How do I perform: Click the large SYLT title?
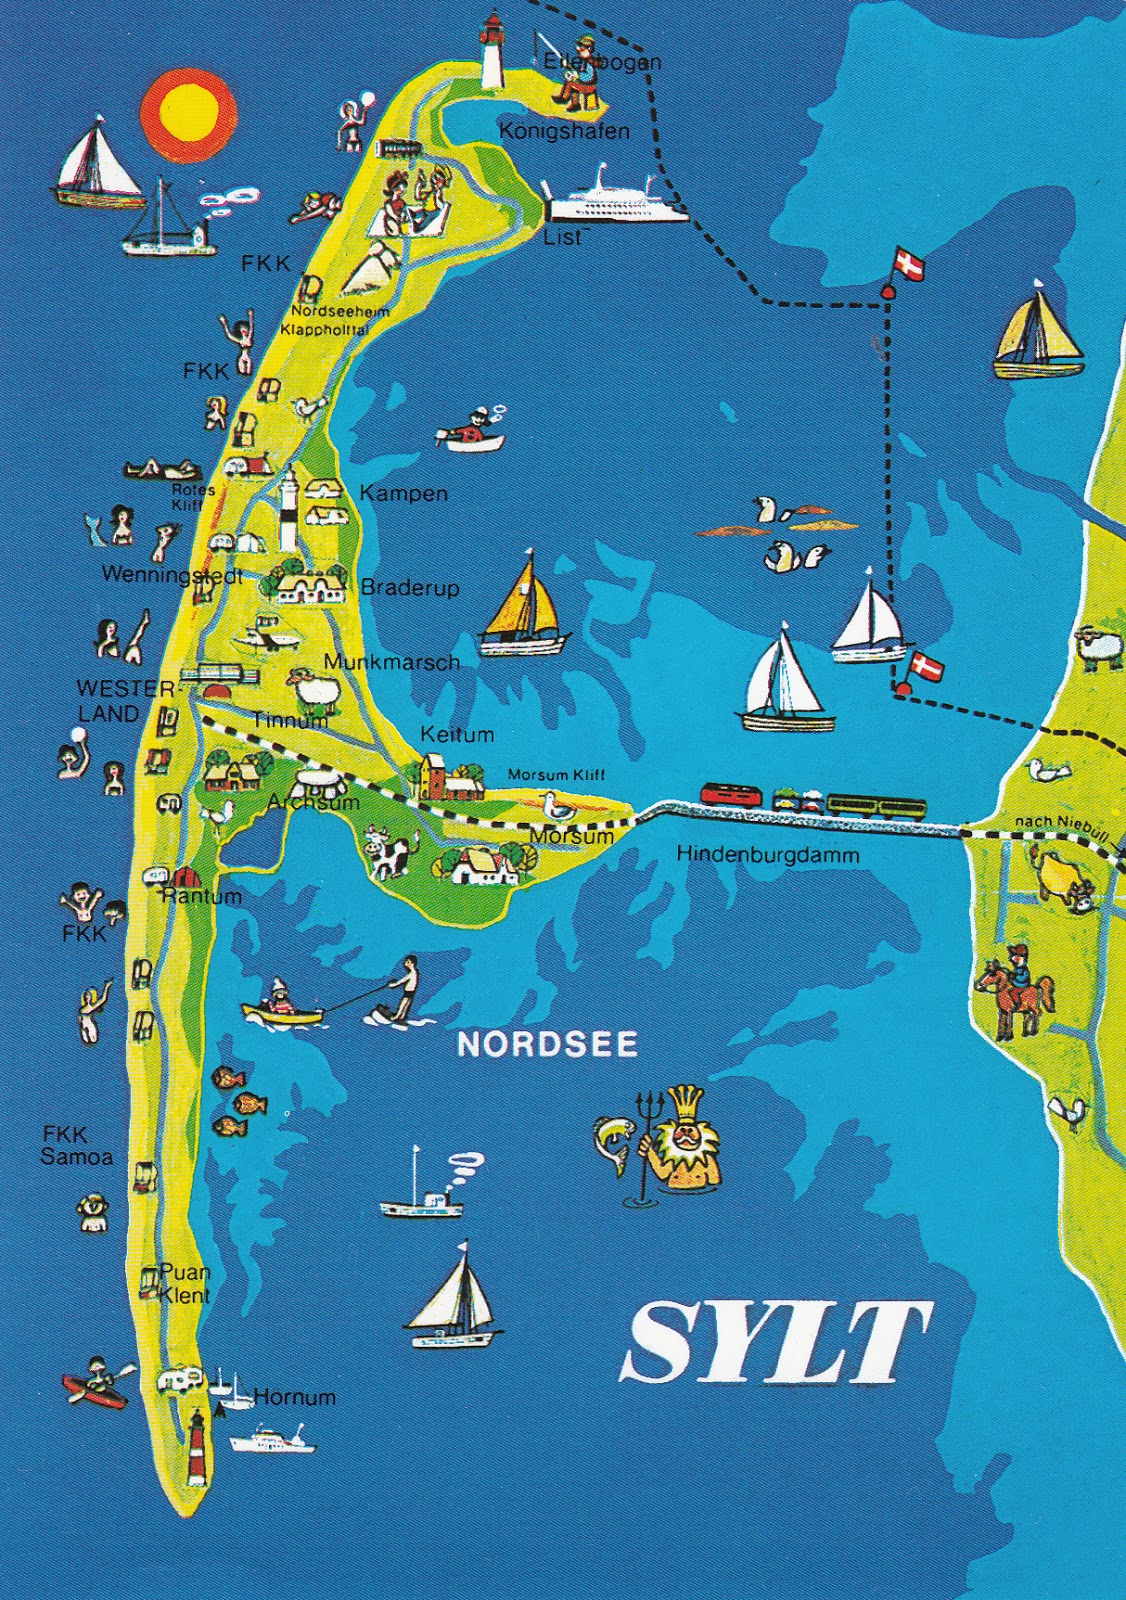pos(775,1342)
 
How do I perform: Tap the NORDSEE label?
pos(547,1044)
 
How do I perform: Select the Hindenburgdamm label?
pos(767,854)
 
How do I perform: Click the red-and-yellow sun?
pos(188,114)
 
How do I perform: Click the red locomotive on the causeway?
pos(731,795)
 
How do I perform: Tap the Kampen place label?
pos(403,493)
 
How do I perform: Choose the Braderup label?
pos(410,587)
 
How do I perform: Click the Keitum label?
pos(457,734)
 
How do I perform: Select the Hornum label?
pos(294,1397)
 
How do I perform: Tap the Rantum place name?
pos(202,896)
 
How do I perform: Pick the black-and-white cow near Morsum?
pos(388,852)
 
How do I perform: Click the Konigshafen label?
pos(564,131)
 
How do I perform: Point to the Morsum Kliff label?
pos(556,775)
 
